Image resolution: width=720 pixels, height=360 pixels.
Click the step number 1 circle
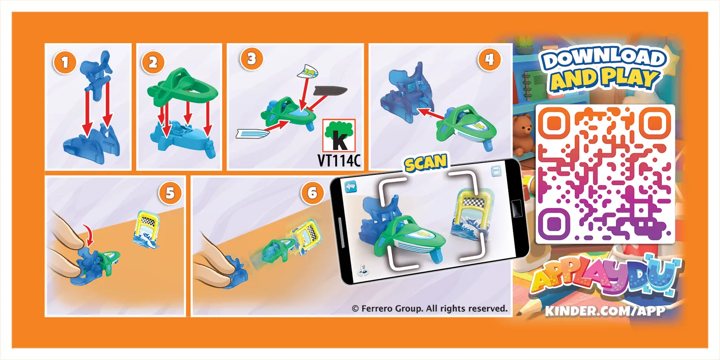click(x=65, y=62)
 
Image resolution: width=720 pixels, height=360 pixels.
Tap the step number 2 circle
click(x=153, y=62)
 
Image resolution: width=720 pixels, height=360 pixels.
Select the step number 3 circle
click(x=251, y=59)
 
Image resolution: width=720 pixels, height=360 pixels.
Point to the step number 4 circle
click(x=489, y=59)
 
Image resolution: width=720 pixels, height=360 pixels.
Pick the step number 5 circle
click(x=170, y=193)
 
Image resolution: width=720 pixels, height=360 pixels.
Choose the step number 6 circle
click(x=313, y=193)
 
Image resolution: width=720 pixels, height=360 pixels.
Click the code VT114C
click(x=339, y=160)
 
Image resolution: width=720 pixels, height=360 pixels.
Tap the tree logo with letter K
click(x=339, y=135)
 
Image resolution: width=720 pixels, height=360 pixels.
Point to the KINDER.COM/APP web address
click(x=605, y=311)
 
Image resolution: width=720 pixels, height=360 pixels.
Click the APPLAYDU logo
click(x=605, y=277)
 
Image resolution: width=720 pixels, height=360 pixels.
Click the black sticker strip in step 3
click(x=330, y=91)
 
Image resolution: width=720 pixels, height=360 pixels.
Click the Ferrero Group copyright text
click(x=430, y=308)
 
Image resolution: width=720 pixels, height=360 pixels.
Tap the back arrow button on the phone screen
click(x=351, y=187)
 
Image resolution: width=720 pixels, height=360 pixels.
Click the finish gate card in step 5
click(x=146, y=230)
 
